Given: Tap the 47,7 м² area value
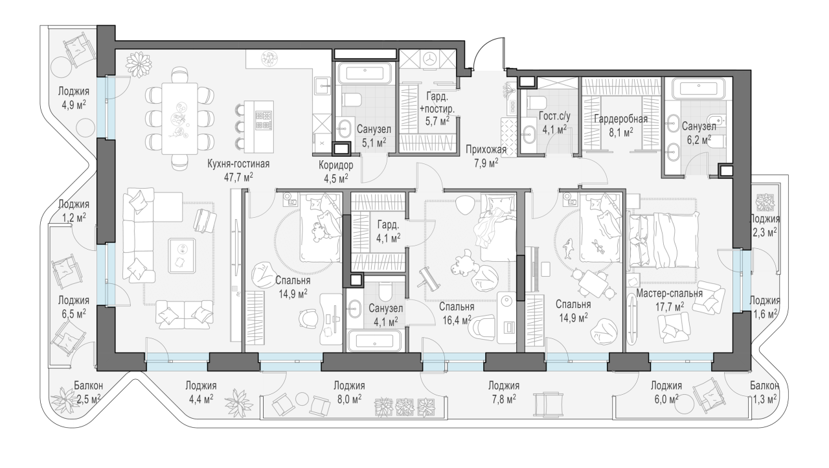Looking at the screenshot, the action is pyautogui.click(x=238, y=177).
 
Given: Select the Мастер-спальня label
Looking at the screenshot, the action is pyautogui.click(x=669, y=294).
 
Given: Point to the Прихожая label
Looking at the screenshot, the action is pyautogui.click(x=486, y=150).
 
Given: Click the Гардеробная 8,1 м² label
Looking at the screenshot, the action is pyautogui.click(x=620, y=126).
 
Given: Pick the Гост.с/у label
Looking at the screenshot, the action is pyautogui.click(x=554, y=116).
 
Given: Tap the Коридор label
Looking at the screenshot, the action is pyautogui.click(x=336, y=165).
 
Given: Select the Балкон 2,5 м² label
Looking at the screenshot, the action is pyautogui.click(x=89, y=392).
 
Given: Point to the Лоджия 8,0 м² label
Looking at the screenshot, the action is pyautogui.click(x=349, y=392).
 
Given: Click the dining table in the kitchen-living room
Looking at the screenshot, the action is pyautogui.click(x=179, y=119).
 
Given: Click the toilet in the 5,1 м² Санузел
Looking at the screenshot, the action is pyautogui.click(x=352, y=100).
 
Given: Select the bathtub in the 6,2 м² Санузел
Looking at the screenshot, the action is pyautogui.click(x=698, y=89).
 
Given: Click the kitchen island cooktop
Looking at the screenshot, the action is pyautogui.click(x=264, y=120).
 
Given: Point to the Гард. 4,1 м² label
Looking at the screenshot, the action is pyautogui.click(x=388, y=231).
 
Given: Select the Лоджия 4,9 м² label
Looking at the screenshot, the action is pyautogui.click(x=74, y=97).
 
